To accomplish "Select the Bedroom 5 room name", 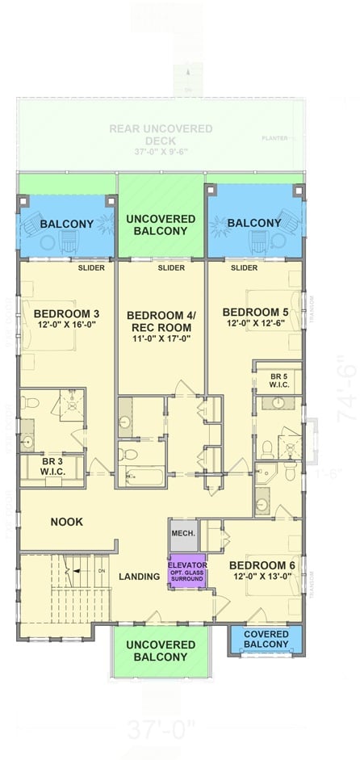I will pos(255,312).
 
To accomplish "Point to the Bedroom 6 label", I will pos(262,565).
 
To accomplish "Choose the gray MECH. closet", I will pos(182,535).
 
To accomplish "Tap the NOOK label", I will pos(67,522).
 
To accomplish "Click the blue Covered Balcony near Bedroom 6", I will pos(266,639).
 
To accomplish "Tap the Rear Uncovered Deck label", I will pos(161,134).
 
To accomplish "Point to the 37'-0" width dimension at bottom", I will pos(161,732).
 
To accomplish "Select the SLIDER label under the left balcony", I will pos(91,268).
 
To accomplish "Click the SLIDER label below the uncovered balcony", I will pos(170,268).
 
